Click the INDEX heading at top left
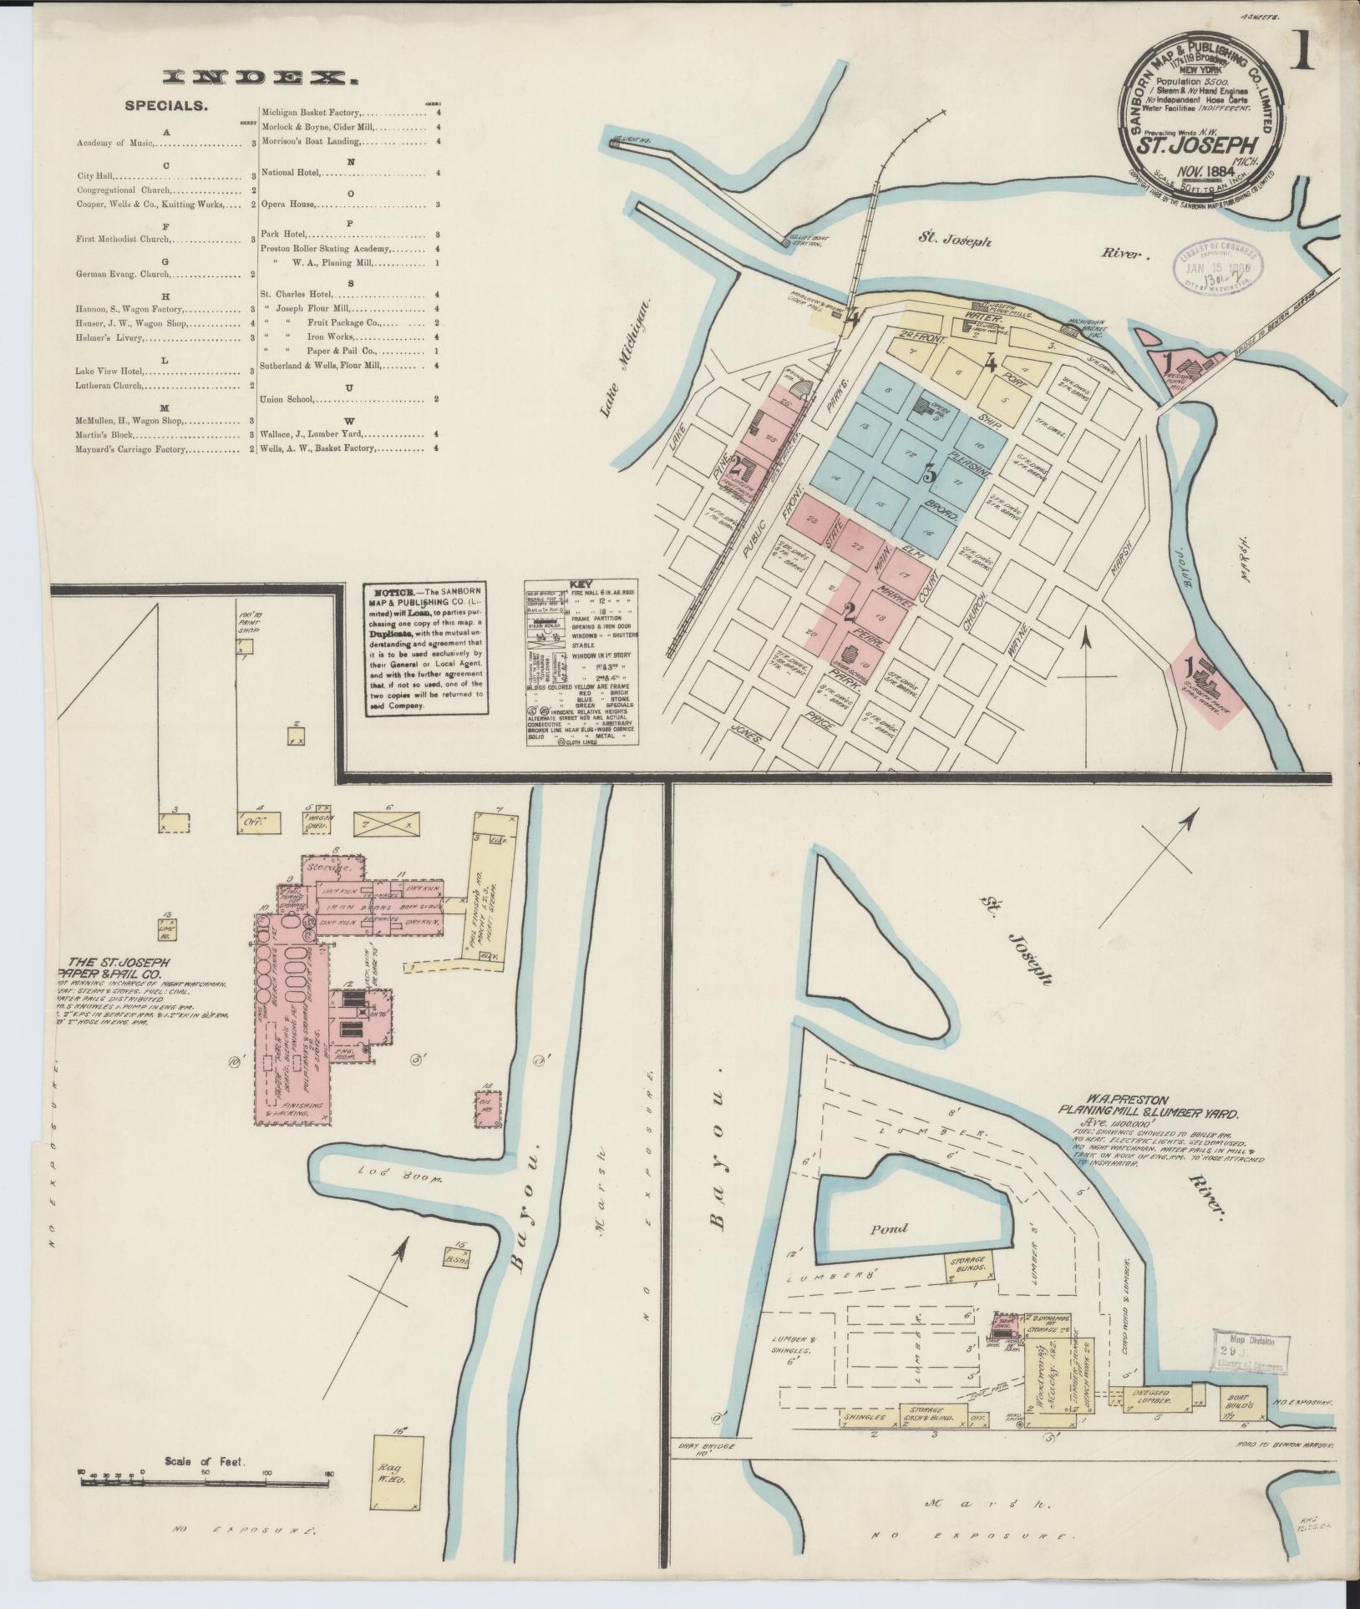pos(261,78)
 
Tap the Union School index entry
pos(287,399)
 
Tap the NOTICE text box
pos(424,648)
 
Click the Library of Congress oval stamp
pos(1220,269)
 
